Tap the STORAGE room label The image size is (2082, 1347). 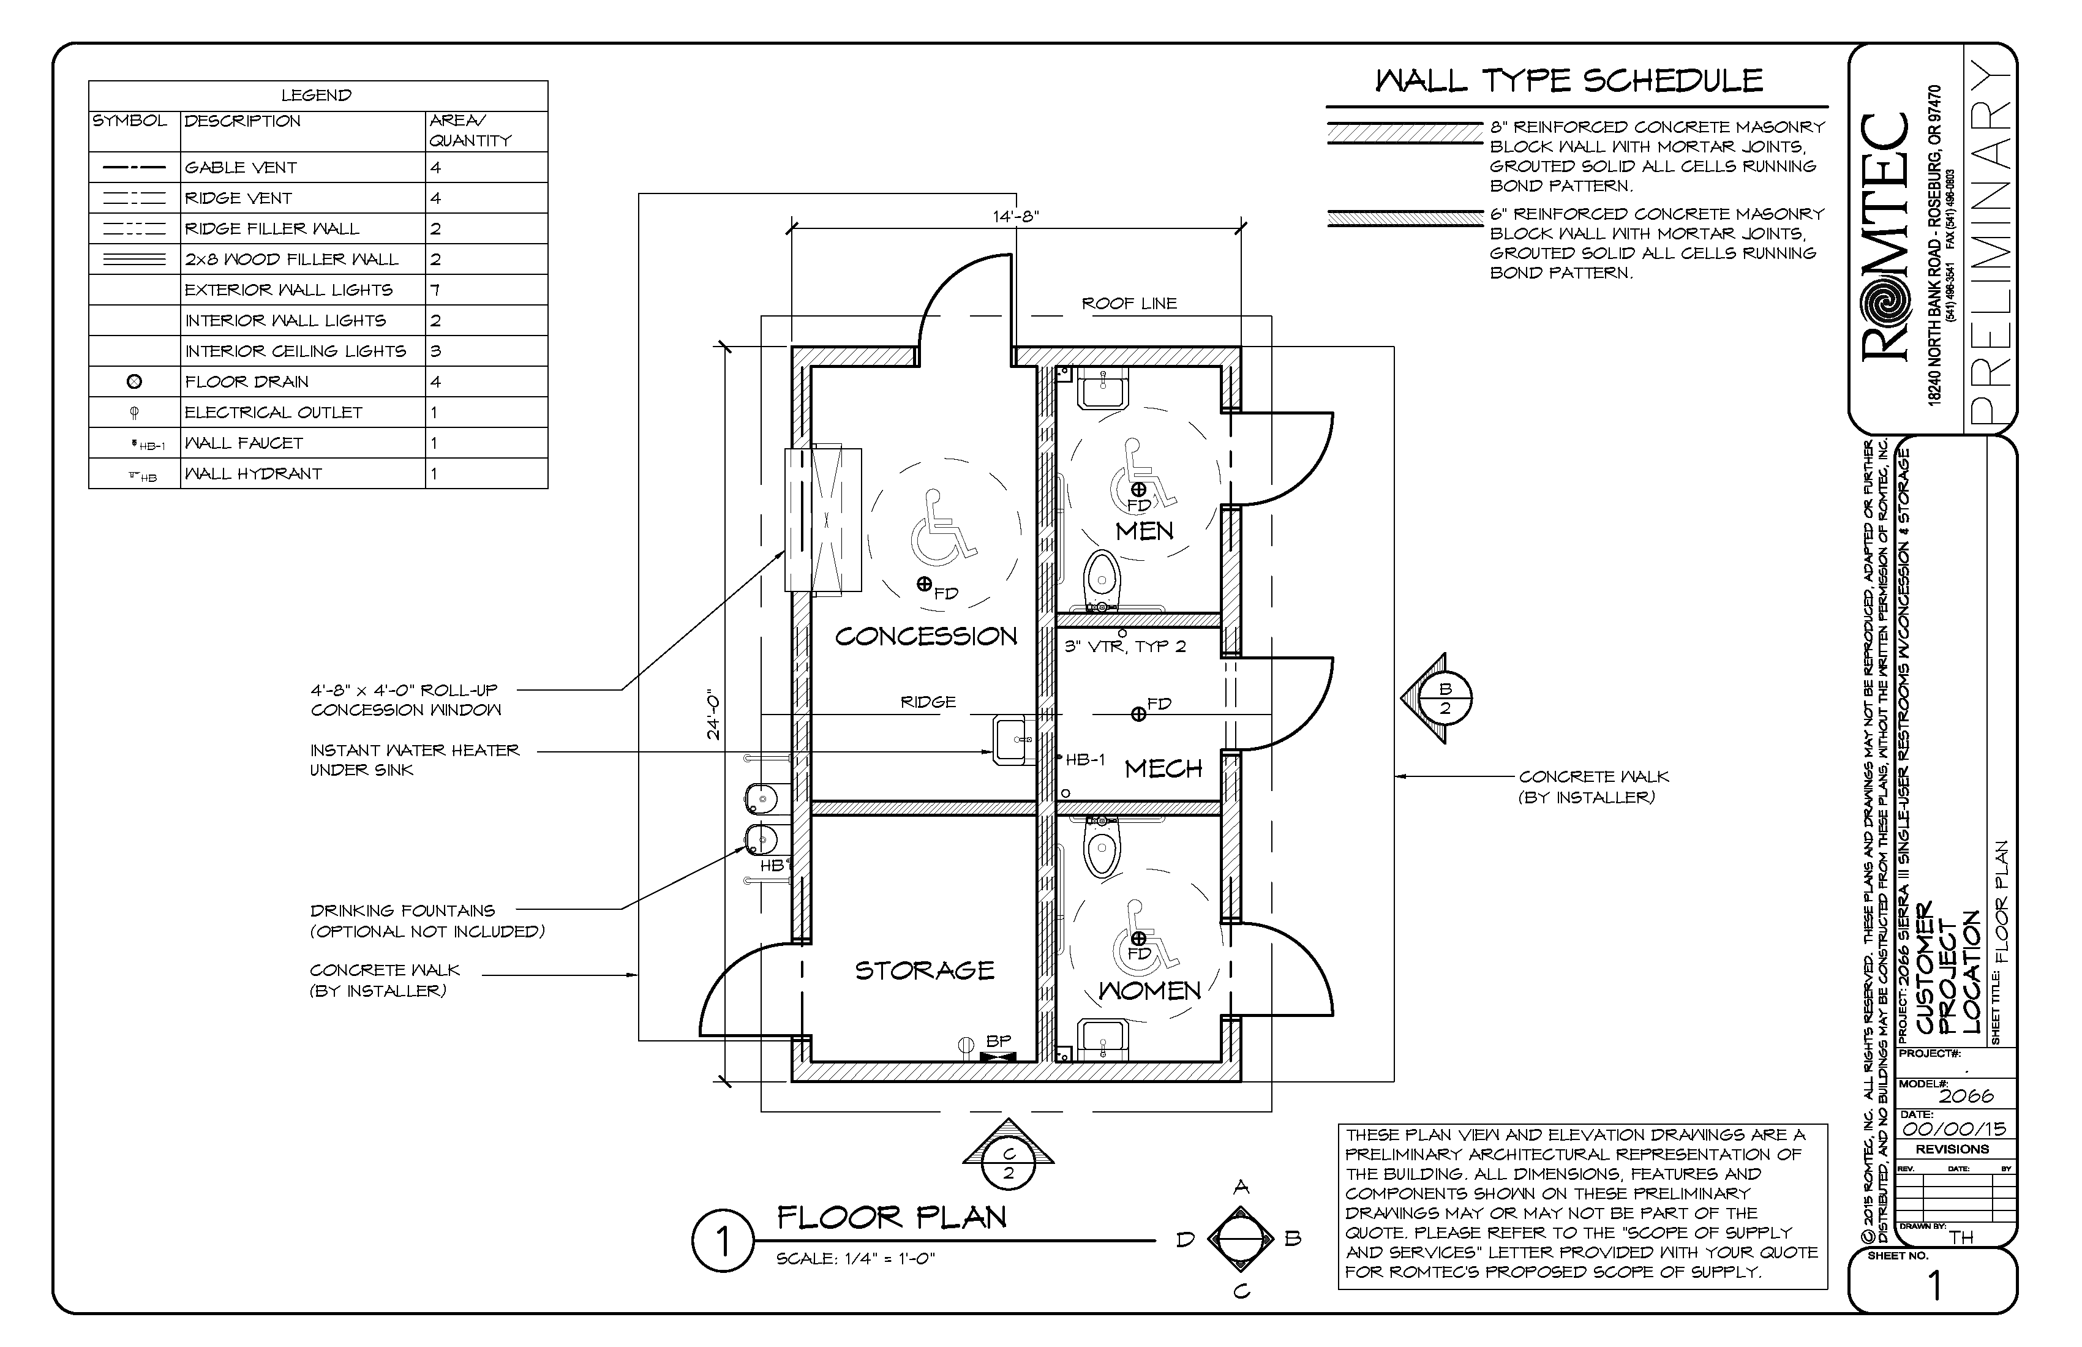[925, 970]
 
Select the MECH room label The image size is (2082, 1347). [1163, 769]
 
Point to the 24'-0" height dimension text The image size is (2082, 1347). [714, 716]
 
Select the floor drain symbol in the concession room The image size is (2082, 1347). [924, 584]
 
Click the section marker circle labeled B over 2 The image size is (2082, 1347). [1445, 699]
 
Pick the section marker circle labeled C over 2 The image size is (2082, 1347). [1009, 1164]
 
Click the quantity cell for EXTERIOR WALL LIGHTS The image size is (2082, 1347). [435, 290]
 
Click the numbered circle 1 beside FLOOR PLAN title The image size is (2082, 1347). [723, 1242]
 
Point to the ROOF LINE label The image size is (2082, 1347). [1129, 304]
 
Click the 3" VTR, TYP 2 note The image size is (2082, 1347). [1125, 647]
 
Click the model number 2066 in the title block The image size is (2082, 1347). [1966, 1095]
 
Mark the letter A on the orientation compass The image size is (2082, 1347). [1241, 1187]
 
